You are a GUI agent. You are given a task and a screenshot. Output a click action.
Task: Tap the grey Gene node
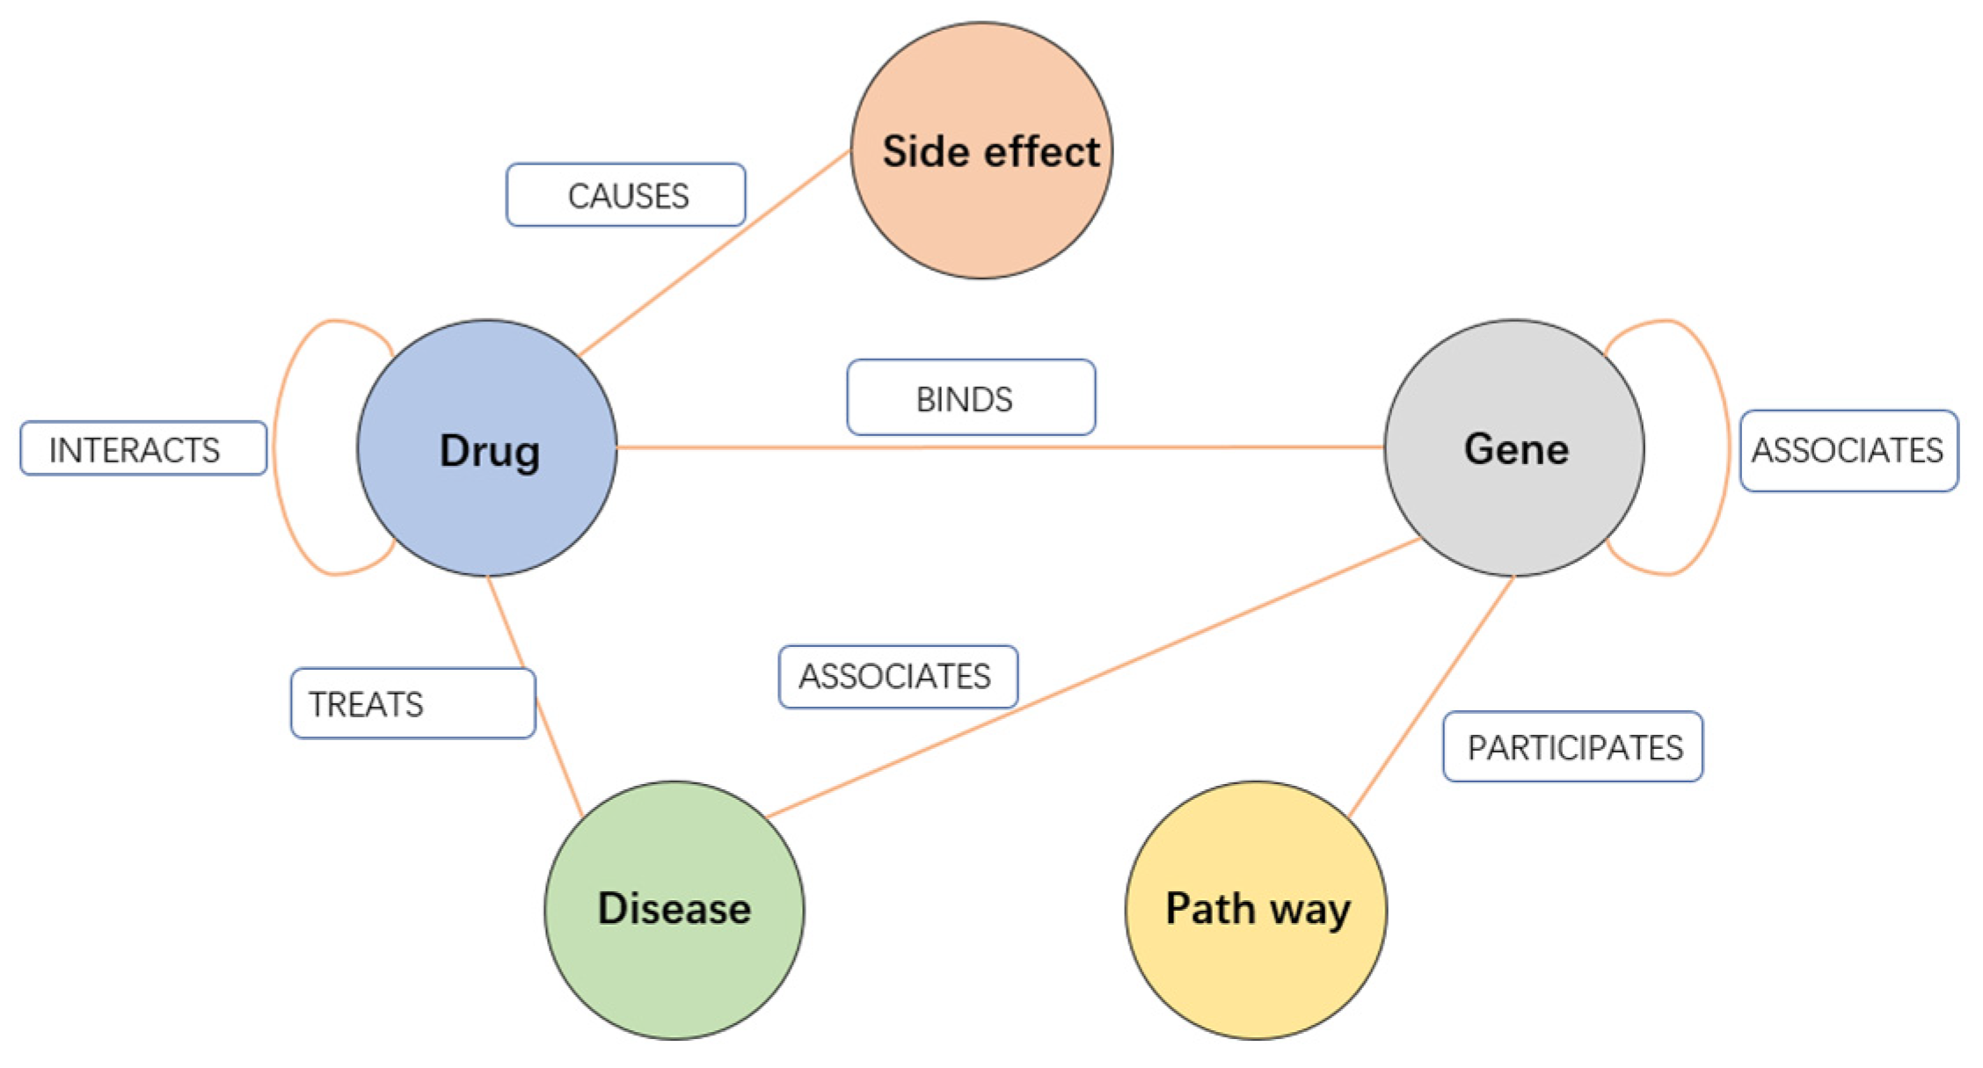coord(1513,448)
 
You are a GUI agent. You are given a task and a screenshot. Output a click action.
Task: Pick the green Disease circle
coord(674,910)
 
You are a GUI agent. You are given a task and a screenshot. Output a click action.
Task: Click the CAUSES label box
coord(626,195)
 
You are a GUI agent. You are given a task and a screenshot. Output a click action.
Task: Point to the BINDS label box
coord(971,398)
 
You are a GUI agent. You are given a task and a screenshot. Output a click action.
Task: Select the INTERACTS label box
coord(143,449)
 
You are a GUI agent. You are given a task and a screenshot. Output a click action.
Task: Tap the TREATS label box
coord(412,704)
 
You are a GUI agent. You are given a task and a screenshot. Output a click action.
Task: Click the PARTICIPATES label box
coord(1572,747)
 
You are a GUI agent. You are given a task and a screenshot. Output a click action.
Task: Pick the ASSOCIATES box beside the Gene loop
coord(1848,450)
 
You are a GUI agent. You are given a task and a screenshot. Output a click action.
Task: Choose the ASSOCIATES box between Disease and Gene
coord(898,677)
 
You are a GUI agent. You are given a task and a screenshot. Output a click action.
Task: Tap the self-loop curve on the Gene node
coord(1727,448)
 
